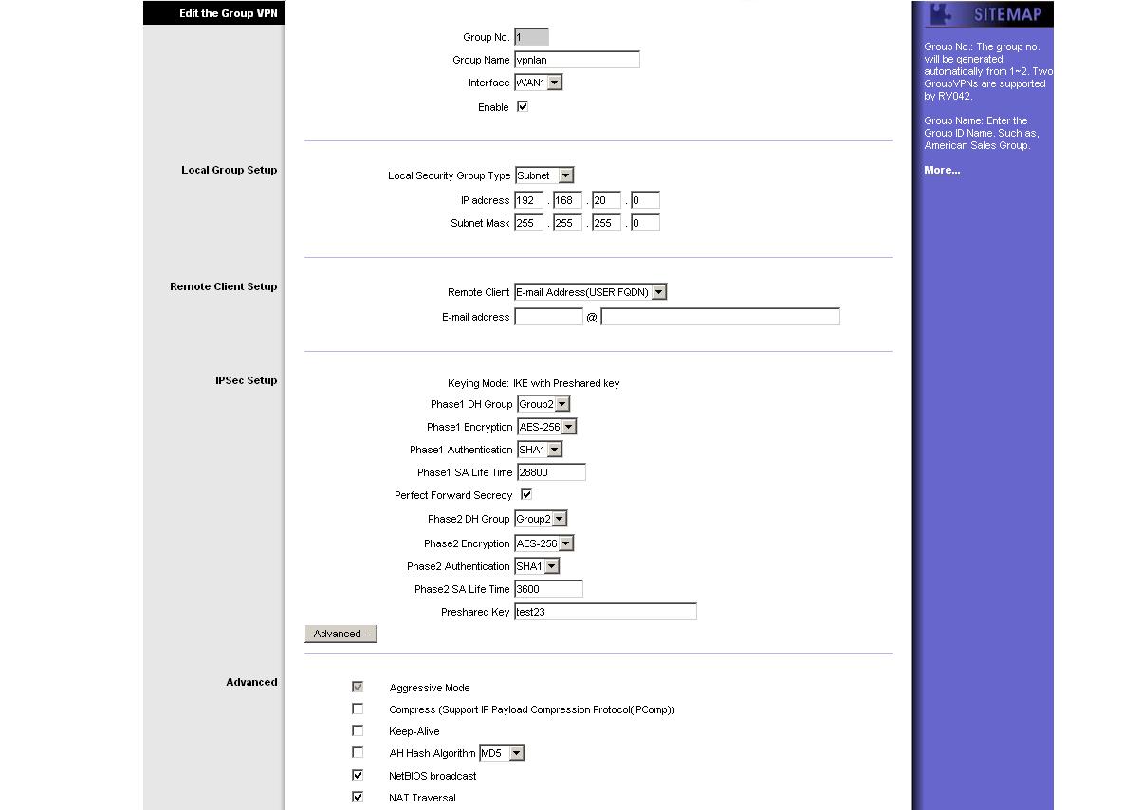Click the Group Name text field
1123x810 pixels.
pos(577,60)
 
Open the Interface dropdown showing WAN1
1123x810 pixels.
pos(538,83)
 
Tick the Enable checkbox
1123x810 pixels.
pos(522,106)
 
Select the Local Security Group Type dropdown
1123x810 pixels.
pos(544,175)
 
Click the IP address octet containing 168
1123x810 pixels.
pos(567,200)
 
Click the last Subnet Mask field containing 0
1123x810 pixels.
pos(645,223)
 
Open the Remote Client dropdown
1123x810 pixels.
pos(590,292)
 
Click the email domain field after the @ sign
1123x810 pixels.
pos(720,317)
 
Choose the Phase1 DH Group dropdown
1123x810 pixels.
pos(543,404)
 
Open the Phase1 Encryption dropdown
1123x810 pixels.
pos(546,427)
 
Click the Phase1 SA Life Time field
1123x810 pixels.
pos(551,472)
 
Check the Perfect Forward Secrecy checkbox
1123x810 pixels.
pos(526,494)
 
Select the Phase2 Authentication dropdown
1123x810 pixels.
pos(537,566)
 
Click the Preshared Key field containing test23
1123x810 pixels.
pos(605,612)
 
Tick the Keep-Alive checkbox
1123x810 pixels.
pos(358,730)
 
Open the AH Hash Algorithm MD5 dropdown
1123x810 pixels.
pos(502,753)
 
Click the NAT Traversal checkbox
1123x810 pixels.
pos(358,797)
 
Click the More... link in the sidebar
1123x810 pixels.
pos(942,171)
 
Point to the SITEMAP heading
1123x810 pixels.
pos(1007,14)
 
